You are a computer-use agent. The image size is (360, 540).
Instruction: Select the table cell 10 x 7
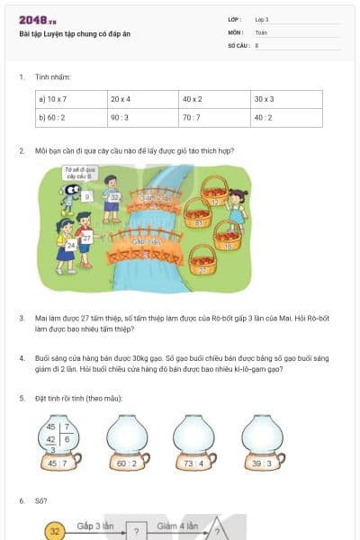coord(71,98)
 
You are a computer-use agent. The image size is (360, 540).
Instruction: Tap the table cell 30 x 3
coord(287,98)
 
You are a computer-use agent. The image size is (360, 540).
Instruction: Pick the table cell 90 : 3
coord(143,116)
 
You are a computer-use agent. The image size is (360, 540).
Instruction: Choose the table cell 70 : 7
coord(215,116)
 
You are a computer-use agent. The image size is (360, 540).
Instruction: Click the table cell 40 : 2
coord(287,116)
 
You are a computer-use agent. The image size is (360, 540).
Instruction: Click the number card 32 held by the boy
coord(114,197)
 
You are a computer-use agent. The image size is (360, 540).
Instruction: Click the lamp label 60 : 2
coord(128,463)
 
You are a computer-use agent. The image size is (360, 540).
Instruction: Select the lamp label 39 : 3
coord(262,463)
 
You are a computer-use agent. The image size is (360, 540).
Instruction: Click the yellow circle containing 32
coord(55,531)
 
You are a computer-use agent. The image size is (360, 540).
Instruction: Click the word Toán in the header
coord(261,32)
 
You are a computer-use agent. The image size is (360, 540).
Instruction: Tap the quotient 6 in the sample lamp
coord(68,438)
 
